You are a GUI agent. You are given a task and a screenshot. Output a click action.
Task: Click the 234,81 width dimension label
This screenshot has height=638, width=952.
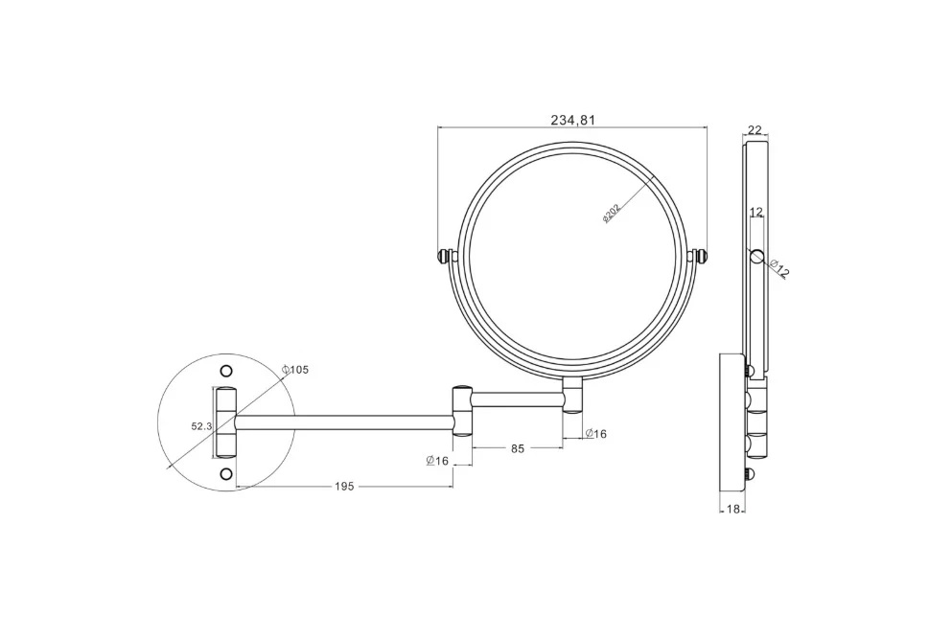572,120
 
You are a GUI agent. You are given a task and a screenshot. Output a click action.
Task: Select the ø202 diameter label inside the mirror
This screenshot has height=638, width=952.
611,214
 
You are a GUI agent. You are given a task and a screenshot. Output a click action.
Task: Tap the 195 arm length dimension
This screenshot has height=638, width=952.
343,487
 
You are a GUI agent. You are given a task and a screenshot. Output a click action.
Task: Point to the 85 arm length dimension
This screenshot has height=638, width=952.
518,448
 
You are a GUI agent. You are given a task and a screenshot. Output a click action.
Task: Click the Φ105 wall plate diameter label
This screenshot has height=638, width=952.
295,370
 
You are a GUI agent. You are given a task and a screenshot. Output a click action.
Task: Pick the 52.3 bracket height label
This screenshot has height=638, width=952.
201,426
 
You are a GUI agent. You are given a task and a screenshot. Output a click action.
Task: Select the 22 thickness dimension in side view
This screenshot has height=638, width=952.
755,129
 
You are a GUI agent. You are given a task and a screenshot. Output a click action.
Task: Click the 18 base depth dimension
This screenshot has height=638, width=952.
732,510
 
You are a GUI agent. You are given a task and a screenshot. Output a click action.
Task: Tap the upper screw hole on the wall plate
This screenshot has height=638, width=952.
226,370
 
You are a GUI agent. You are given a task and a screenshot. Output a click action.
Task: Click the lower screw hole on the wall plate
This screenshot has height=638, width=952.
226,473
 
